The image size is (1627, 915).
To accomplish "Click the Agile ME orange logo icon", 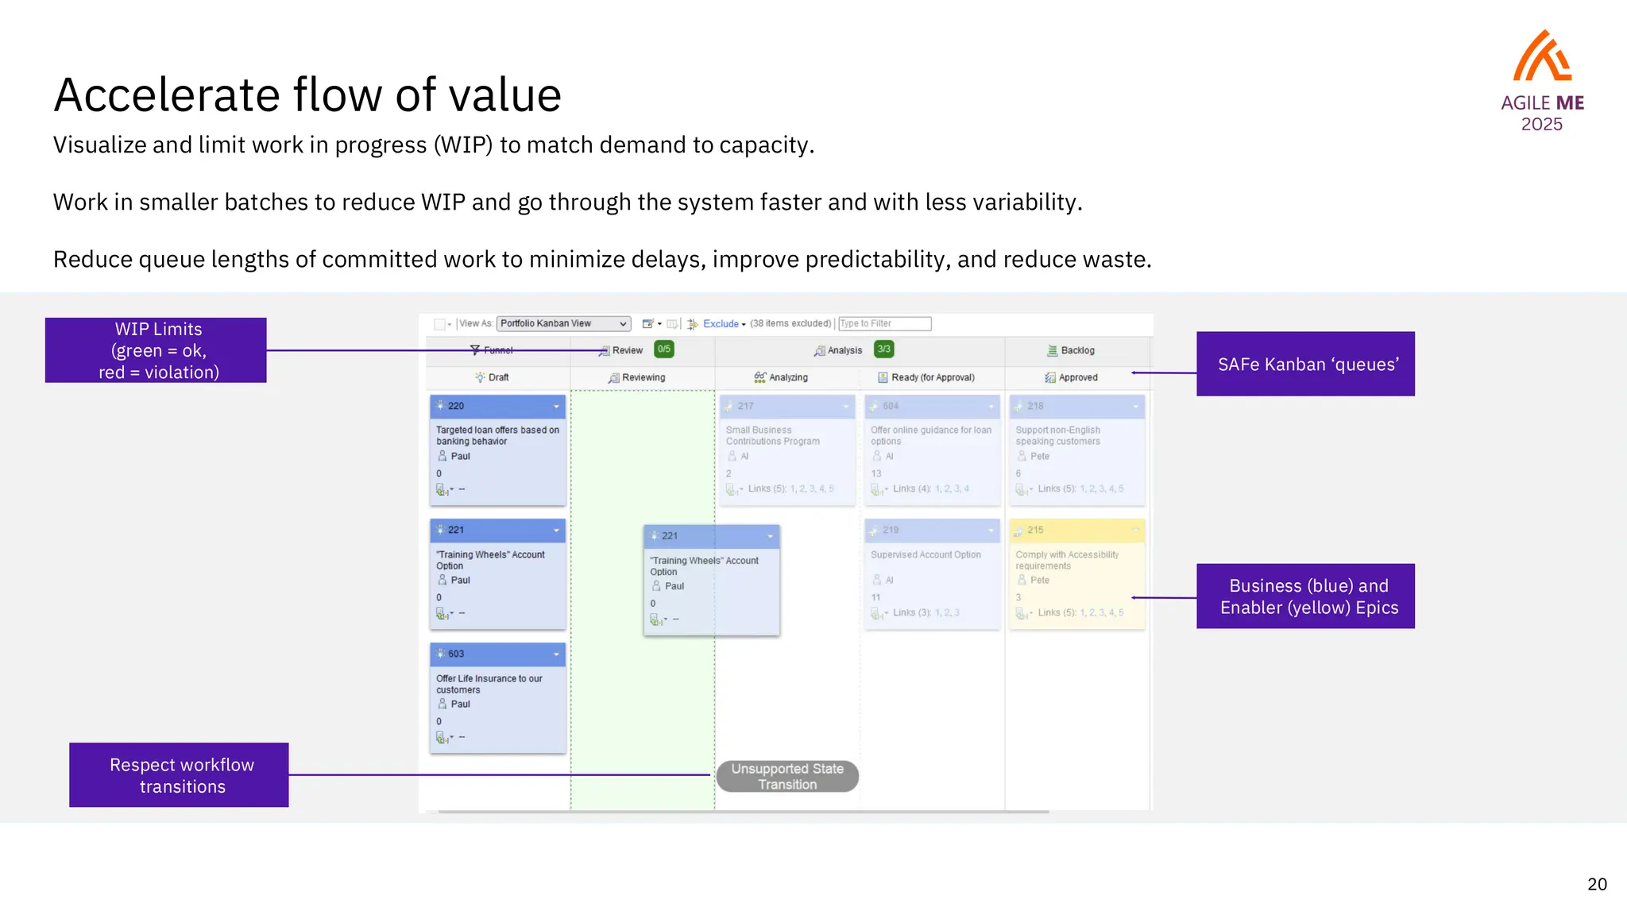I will (1542, 56).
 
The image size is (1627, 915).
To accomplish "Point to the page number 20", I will (1597, 884).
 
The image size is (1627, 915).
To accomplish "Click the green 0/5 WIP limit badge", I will (664, 349).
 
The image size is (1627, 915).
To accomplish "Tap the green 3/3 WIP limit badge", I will (883, 349).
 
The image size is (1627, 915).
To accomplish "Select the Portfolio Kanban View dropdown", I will (563, 324).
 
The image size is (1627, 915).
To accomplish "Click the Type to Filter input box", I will (885, 324).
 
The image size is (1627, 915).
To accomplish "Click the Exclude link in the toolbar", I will (721, 324).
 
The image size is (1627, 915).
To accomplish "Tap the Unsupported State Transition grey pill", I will (787, 776).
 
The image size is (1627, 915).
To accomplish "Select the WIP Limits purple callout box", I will (156, 350).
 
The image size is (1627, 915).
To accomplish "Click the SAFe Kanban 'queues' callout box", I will (1305, 364).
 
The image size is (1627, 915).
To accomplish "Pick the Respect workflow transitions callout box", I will (179, 775).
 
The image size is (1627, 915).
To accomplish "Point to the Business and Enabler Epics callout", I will (1305, 596).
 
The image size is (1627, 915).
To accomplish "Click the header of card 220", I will (497, 406).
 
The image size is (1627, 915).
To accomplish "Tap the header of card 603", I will (497, 654).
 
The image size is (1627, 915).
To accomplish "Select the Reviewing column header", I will (643, 378).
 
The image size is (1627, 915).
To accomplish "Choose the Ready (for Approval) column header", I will (932, 378).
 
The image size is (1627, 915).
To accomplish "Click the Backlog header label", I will (1076, 350).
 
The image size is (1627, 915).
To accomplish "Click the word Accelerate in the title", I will (166, 95).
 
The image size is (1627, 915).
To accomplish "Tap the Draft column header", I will (498, 378).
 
